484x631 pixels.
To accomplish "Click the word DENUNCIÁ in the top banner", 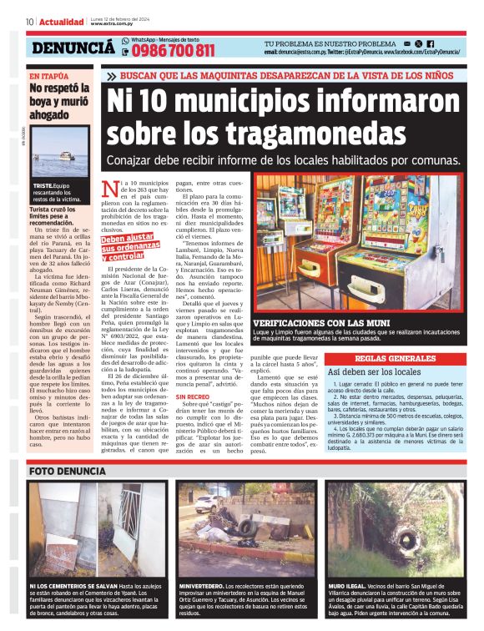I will click(x=73, y=48).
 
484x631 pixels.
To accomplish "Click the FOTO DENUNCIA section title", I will click(x=68, y=471).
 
